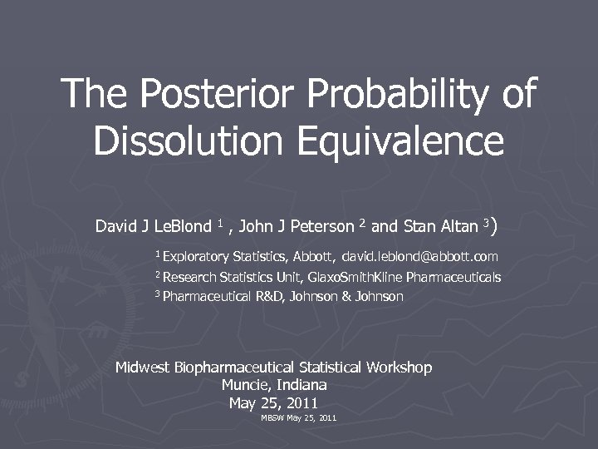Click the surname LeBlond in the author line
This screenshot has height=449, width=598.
click(x=184, y=226)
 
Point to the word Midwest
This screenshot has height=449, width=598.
click(x=143, y=368)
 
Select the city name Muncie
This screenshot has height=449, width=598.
click(x=244, y=385)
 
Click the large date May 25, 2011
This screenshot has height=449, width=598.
click(x=273, y=403)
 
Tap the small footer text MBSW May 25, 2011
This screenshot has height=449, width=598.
click(x=299, y=417)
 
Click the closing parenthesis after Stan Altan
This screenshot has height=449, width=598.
click(x=494, y=224)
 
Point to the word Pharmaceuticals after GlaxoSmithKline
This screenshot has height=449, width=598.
click(x=453, y=277)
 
